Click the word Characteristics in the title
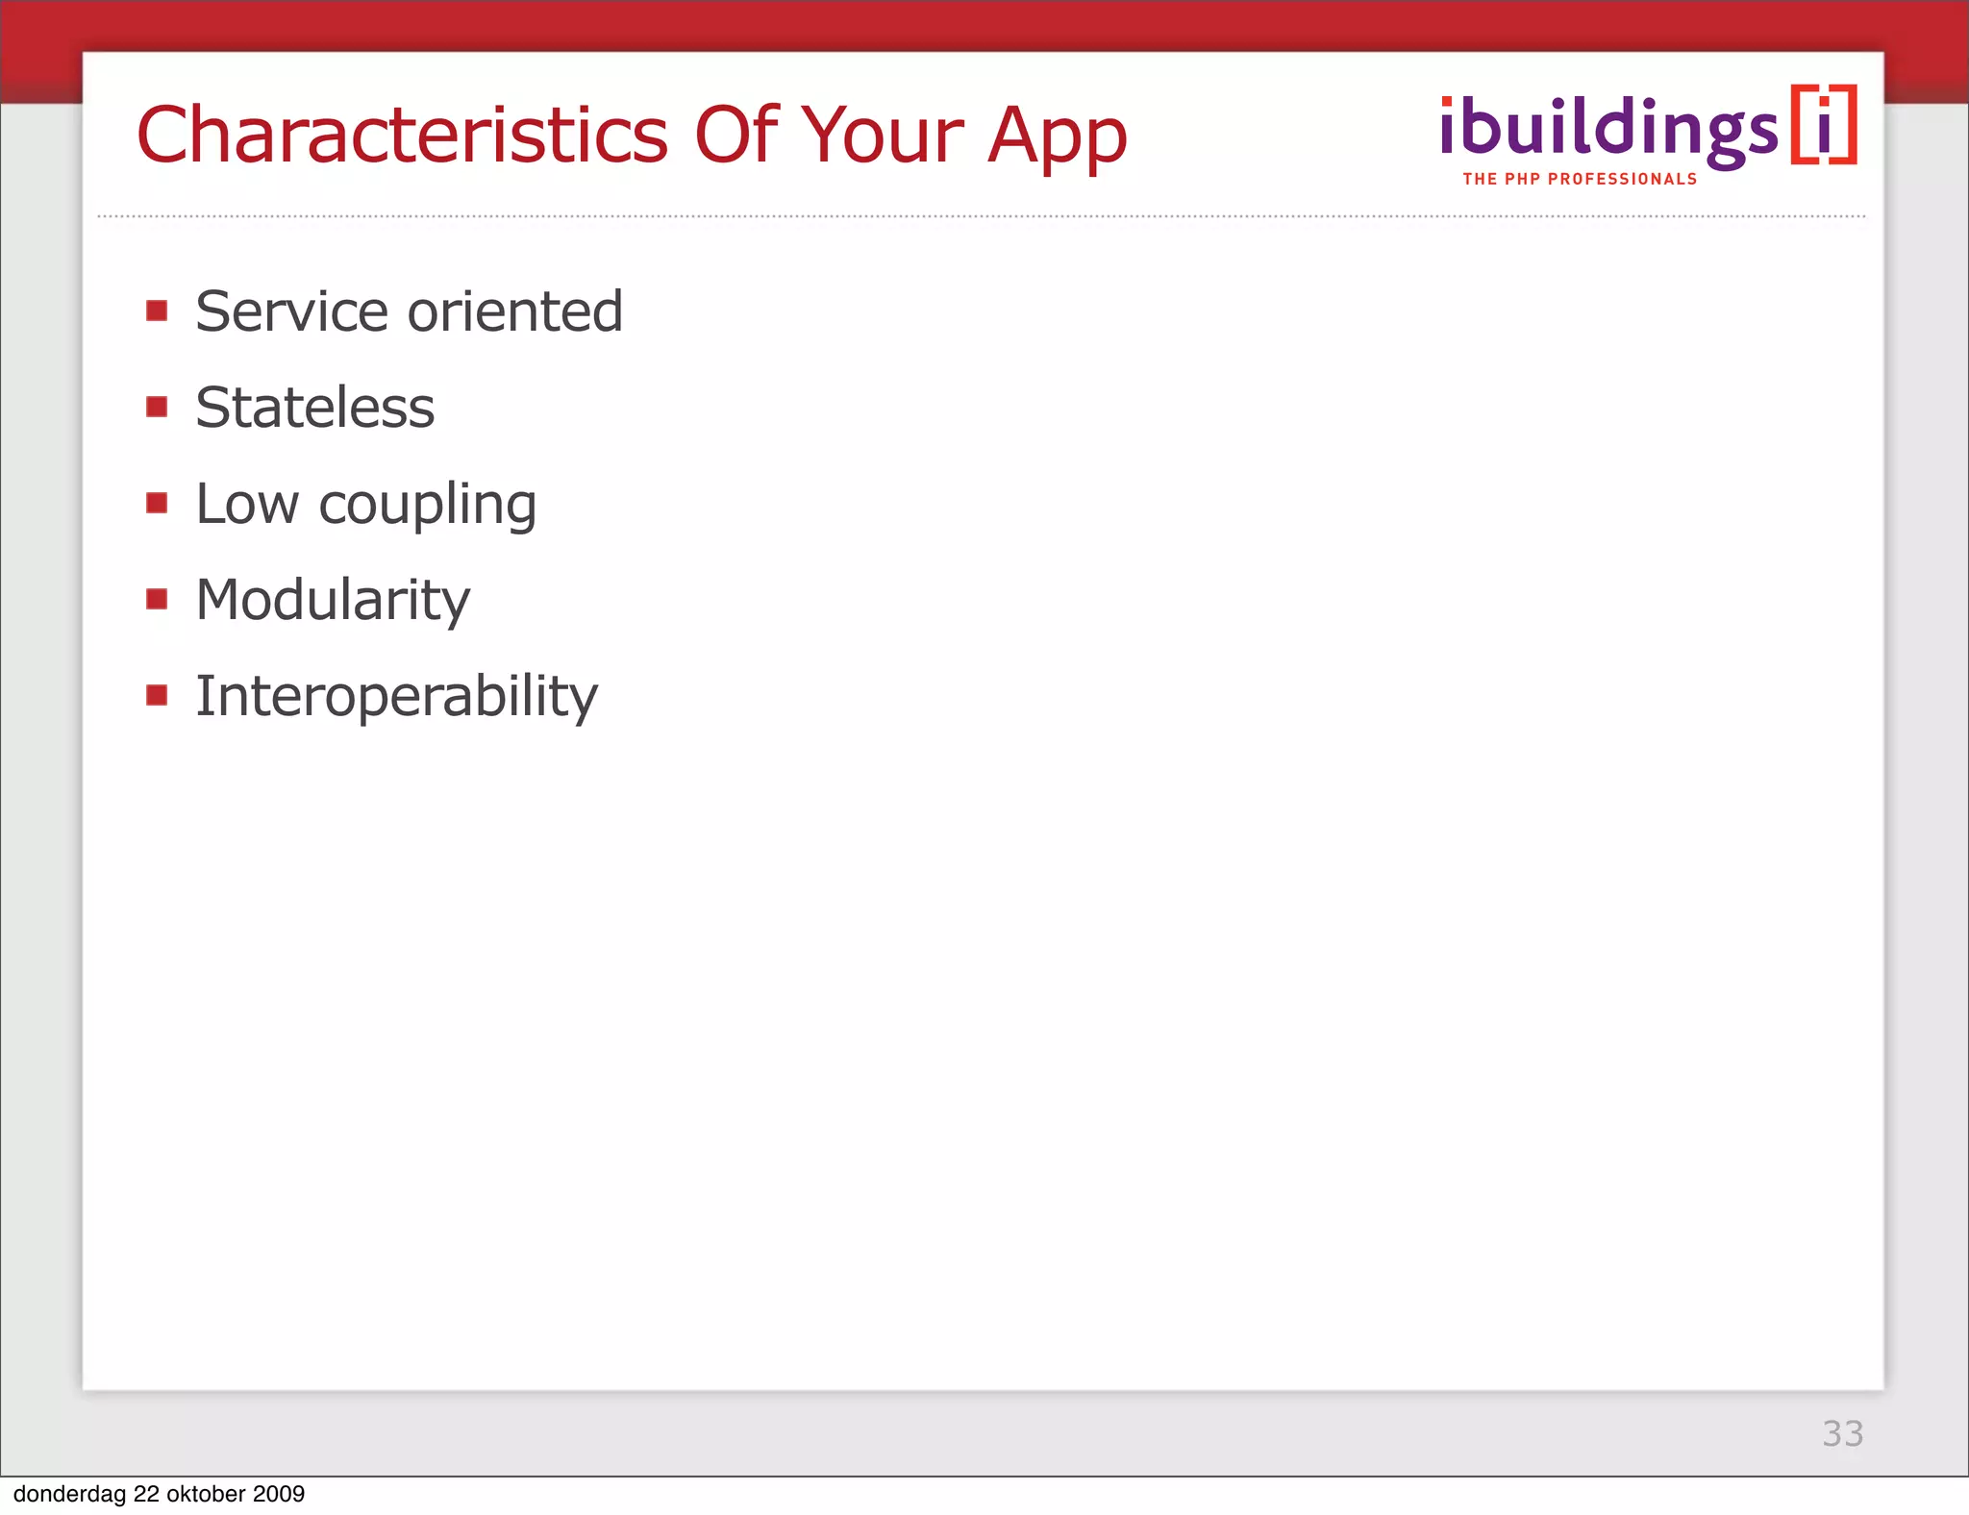[x=402, y=135]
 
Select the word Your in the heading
[x=882, y=135]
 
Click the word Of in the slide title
[x=736, y=135]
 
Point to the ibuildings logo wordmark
[x=1608, y=130]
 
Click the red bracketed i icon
[x=1824, y=126]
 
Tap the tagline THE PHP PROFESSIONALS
[x=1580, y=180]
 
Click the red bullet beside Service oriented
[x=157, y=310]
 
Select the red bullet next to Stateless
[x=157, y=407]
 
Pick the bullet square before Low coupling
[x=157, y=503]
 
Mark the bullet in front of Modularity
[x=157, y=599]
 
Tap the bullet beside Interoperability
[x=157, y=695]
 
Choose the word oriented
[x=515, y=311]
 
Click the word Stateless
[x=315, y=408]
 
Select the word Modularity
[x=333, y=602]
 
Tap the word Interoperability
[x=396, y=698]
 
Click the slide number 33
[x=1842, y=1433]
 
